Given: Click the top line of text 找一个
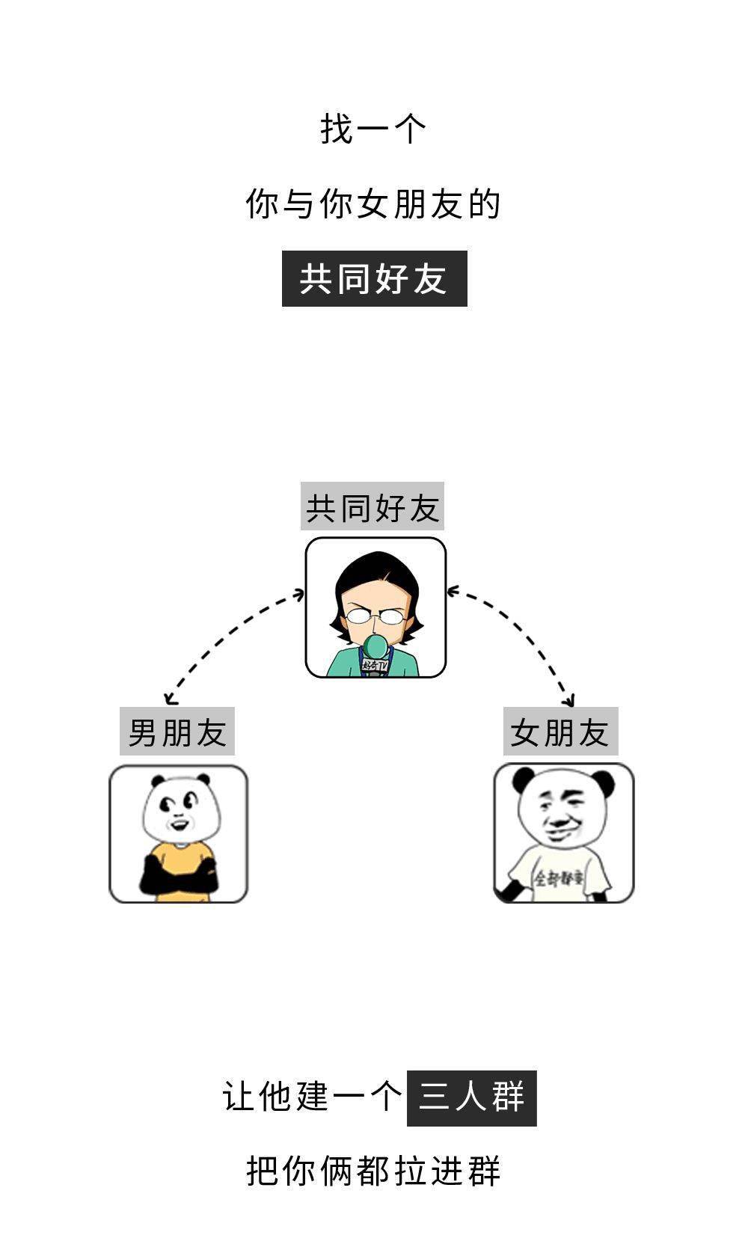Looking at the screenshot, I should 373,129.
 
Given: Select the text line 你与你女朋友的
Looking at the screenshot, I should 373,204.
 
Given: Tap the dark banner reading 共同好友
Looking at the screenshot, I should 374,279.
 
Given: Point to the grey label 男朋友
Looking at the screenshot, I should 177,732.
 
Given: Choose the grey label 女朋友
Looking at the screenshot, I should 560,732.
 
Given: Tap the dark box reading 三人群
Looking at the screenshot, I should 472,1098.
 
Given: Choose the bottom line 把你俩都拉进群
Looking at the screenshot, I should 373,1171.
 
